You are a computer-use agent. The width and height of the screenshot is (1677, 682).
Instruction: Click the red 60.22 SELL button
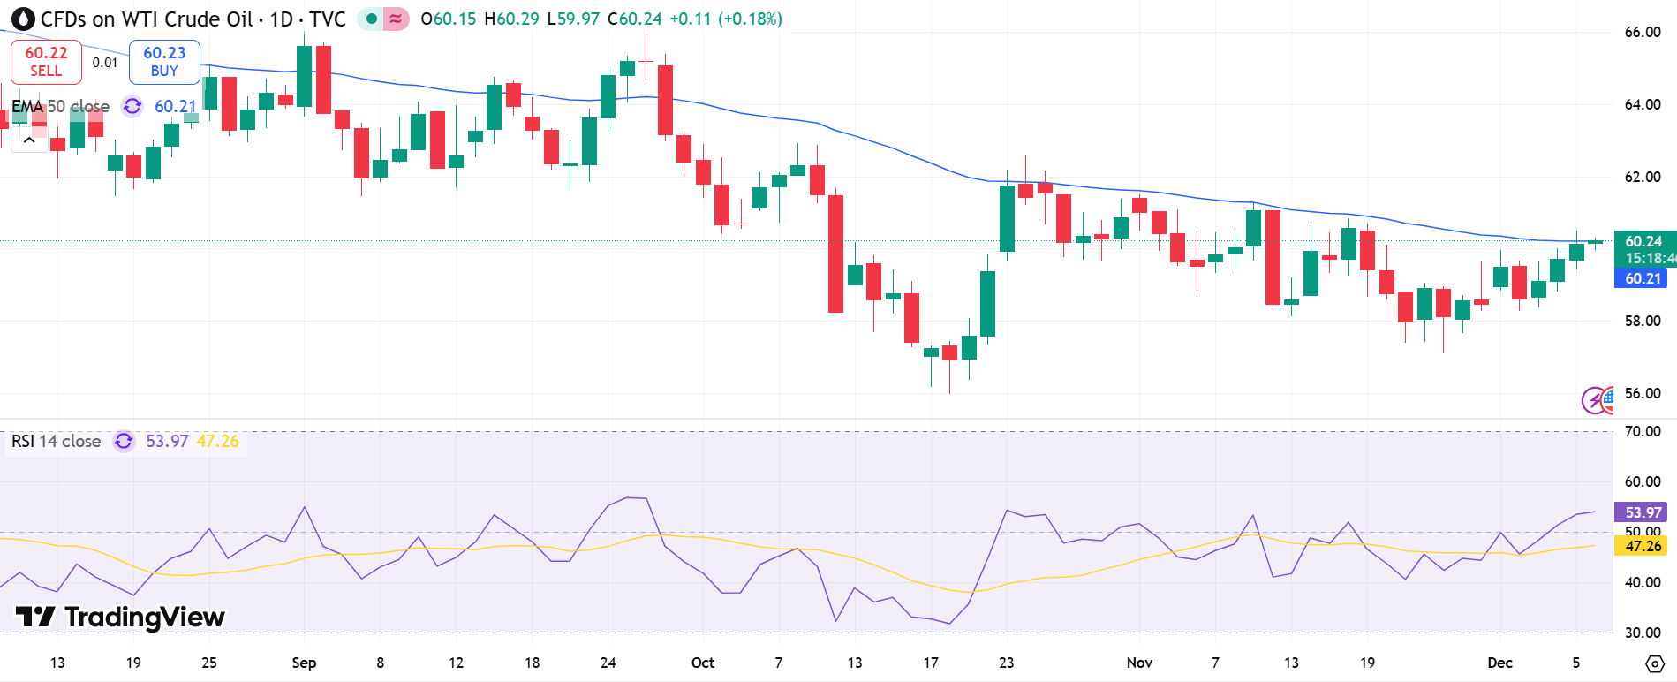click(x=46, y=62)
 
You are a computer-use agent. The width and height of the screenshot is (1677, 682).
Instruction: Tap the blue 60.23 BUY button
click(x=164, y=62)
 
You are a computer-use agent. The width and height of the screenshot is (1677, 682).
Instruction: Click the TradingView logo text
click(x=121, y=617)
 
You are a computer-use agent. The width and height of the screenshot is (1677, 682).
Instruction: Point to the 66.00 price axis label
click(x=1643, y=33)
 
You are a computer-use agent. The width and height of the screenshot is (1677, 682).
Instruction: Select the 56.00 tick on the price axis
click(x=1643, y=393)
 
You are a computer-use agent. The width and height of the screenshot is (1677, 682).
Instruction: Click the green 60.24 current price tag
click(x=1643, y=241)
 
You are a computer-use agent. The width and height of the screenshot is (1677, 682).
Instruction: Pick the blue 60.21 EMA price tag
click(x=1643, y=278)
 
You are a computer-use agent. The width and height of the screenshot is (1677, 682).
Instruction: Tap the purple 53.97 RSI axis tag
click(x=1643, y=512)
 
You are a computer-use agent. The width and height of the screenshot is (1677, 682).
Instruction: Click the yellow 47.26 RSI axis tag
click(x=1643, y=546)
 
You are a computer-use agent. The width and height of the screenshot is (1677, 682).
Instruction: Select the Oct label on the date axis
click(x=703, y=663)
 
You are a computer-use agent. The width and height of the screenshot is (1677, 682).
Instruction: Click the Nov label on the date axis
click(x=1139, y=663)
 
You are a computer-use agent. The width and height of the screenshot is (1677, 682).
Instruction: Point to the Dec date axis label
click(x=1499, y=663)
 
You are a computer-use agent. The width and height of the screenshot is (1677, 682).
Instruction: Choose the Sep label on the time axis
click(x=304, y=663)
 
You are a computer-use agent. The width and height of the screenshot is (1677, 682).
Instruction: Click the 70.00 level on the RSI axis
click(x=1643, y=431)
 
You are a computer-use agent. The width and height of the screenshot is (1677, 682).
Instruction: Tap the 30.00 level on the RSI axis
click(x=1643, y=633)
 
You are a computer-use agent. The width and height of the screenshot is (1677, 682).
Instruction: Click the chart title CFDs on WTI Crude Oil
click(x=147, y=19)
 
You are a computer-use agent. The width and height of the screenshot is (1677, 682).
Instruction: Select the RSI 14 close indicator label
click(x=57, y=441)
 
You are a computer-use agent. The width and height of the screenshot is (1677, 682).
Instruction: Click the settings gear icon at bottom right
click(x=1655, y=663)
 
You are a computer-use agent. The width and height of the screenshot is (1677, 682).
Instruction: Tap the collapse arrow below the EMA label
click(x=29, y=140)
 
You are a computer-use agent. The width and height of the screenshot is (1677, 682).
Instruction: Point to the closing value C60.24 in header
click(x=635, y=19)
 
